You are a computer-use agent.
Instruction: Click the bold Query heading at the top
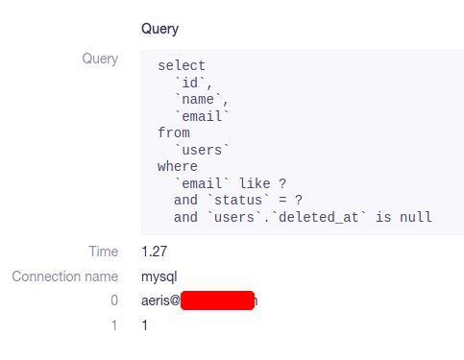[160, 29]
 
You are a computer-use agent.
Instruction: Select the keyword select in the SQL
[182, 66]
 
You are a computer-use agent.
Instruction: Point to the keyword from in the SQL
[174, 132]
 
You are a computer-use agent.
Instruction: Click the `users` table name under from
[202, 150]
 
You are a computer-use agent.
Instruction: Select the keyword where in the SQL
[178, 166]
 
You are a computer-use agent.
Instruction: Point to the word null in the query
[417, 217]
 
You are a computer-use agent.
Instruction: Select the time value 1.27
[154, 252]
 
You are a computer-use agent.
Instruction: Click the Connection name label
[65, 276]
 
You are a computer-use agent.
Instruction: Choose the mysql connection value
[159, 276]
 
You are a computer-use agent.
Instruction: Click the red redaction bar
[217, 300]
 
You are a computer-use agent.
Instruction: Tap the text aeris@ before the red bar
[160, 300]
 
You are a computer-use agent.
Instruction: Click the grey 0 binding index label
[114, 300]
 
